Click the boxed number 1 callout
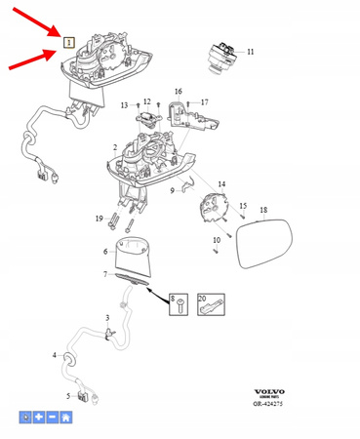[x=68, y=41]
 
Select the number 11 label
[x=250, y=51]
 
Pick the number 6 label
[x=105, y=252]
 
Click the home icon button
[x=65, y=417]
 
